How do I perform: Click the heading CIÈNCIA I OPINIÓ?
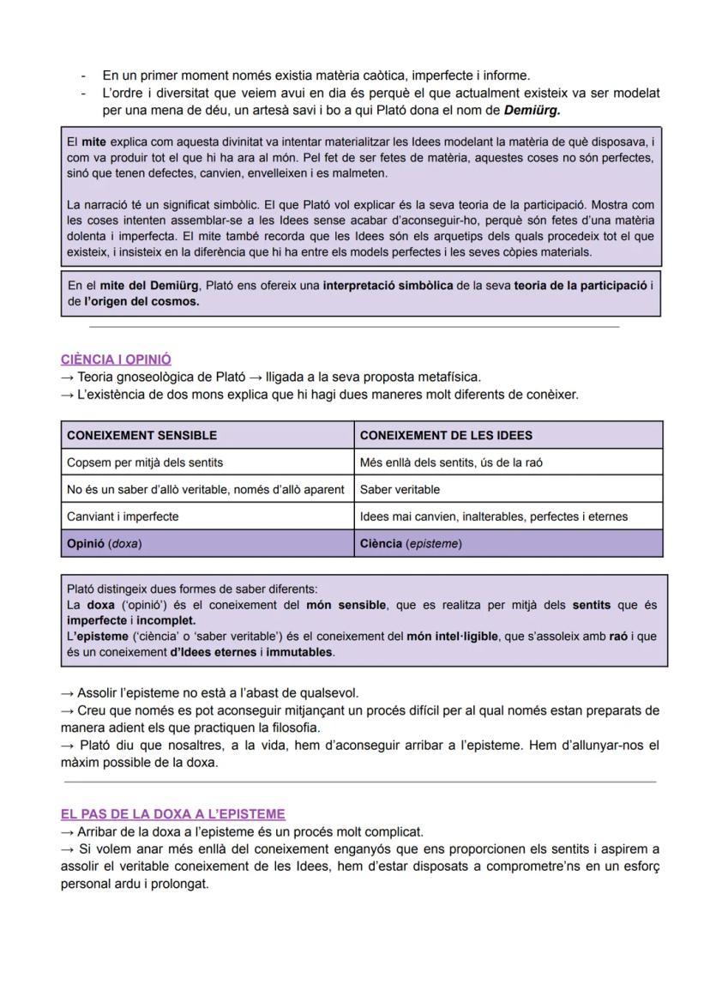coord(116,360)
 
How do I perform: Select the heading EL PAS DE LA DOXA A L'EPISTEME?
coord(172,813)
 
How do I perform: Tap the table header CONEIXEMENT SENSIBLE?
coord(141,435)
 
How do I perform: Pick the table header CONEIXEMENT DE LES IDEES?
coord(446,435)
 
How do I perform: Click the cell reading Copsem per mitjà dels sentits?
coord(145,462)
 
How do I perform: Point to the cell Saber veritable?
coord(400,489)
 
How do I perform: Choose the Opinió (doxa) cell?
coord(104,543)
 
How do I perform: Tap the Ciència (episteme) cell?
coord(410,543)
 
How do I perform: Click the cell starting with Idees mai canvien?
coord(493,517)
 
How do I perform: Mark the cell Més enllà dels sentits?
coord(450,462)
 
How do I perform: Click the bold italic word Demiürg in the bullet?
coord(532,111)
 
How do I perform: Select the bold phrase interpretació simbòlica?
coord(388,286)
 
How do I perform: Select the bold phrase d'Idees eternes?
coord(217,652)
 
